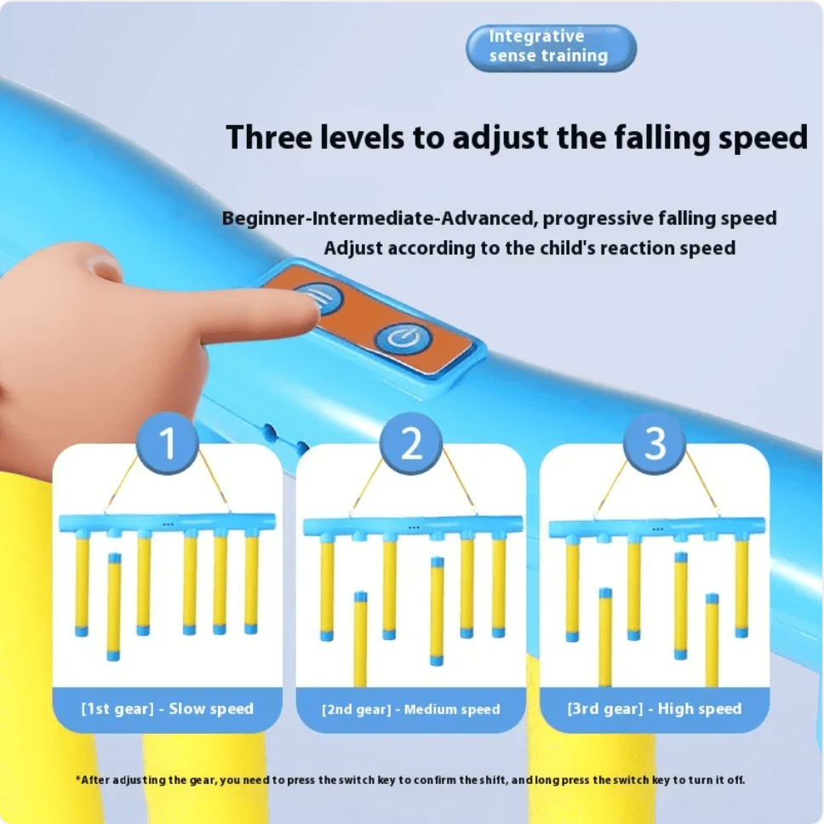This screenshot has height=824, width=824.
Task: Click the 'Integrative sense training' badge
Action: (551, 48)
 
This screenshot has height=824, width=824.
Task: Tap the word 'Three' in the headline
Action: (268, 137)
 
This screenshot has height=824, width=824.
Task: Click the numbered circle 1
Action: (167, 443)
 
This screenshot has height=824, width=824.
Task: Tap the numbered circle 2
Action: (411, 443)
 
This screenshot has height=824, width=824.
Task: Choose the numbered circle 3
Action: (655, 443)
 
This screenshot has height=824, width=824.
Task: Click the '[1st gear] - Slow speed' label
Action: (167, 709)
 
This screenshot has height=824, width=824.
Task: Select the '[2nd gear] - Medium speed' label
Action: (411, 709)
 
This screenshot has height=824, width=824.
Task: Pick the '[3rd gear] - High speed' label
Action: (655, 709)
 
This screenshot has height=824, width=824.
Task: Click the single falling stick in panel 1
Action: (114, 606)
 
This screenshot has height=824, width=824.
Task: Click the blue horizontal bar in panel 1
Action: (167, 523)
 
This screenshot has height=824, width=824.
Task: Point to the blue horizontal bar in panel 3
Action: (657, 528)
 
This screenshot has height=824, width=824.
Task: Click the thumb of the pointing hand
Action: (100, 266)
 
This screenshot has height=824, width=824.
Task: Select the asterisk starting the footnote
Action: (78, 778)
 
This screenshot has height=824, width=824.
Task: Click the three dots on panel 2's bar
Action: (414, 527)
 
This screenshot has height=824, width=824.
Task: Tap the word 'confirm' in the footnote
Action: (435, 780)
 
